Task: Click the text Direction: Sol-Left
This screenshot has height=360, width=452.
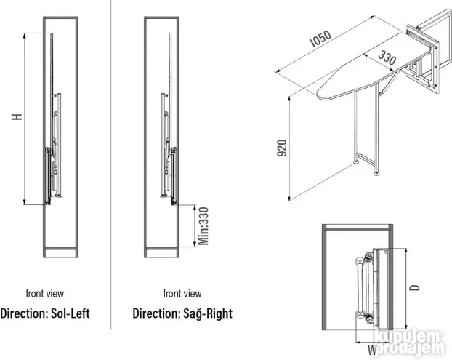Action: pos(45,314)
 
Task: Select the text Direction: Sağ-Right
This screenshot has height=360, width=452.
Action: pos(182,314)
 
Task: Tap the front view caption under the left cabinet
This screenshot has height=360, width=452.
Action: pos(45,294)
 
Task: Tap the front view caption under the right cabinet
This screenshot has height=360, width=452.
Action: pos(182,294)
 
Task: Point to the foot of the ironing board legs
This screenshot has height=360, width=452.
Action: pos(378,173)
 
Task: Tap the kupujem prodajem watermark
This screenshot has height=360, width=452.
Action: pos(413,343)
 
